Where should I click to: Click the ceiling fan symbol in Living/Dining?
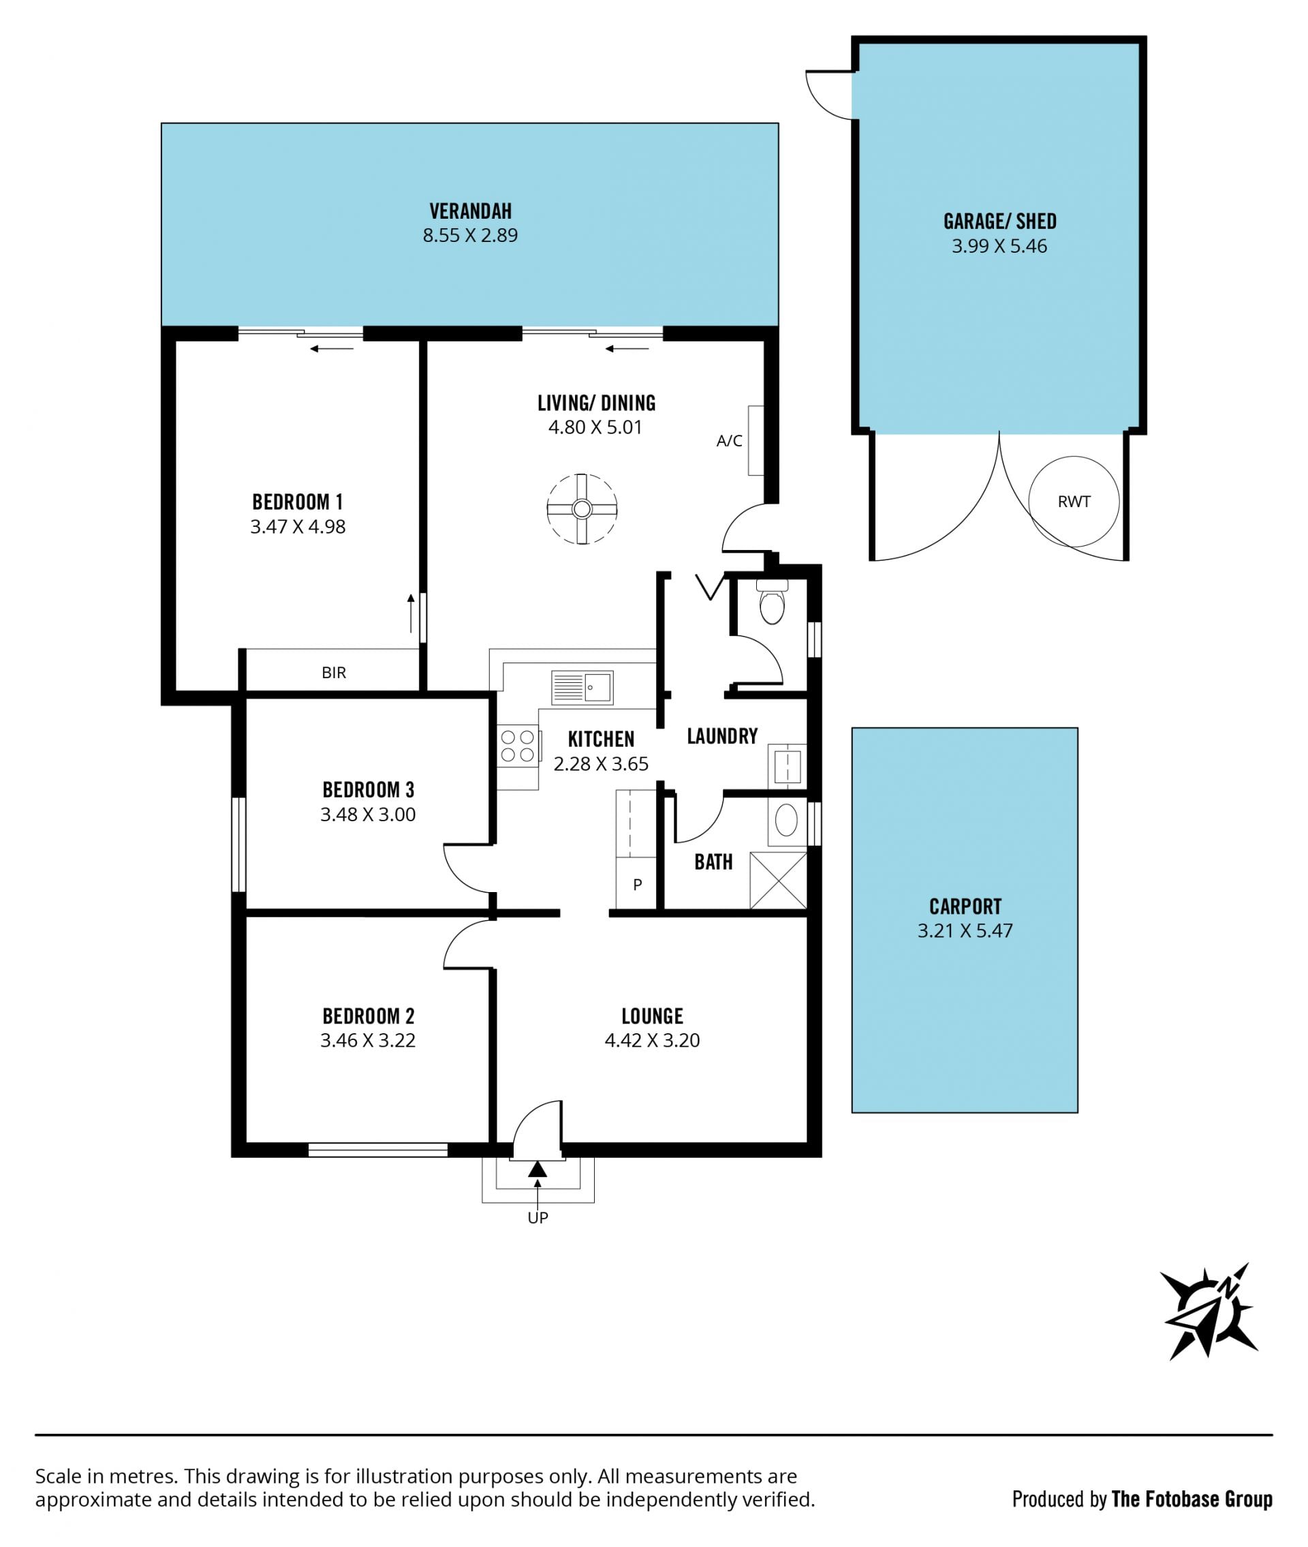point(582,509)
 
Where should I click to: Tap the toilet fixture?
point(772,602)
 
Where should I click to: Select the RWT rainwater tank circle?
point(1074,502)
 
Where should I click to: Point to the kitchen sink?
point(582,688)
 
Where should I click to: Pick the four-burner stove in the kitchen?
point(518,746)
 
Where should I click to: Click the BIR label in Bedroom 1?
point(334,673)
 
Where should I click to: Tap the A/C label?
point(729,441)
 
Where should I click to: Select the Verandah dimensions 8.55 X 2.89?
point(470,236)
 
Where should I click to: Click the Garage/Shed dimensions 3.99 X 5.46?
point(999,246)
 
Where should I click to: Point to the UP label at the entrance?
point(538,1217)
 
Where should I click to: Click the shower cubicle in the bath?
point(778,880)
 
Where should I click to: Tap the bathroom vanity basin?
point(786,821)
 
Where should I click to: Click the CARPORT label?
point(965,906)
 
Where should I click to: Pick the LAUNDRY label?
point(722,736)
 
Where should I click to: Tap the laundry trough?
point(787,766)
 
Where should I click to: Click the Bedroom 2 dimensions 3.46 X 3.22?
point(368,1040)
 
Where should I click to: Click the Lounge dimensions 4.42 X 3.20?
point(653,1040)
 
